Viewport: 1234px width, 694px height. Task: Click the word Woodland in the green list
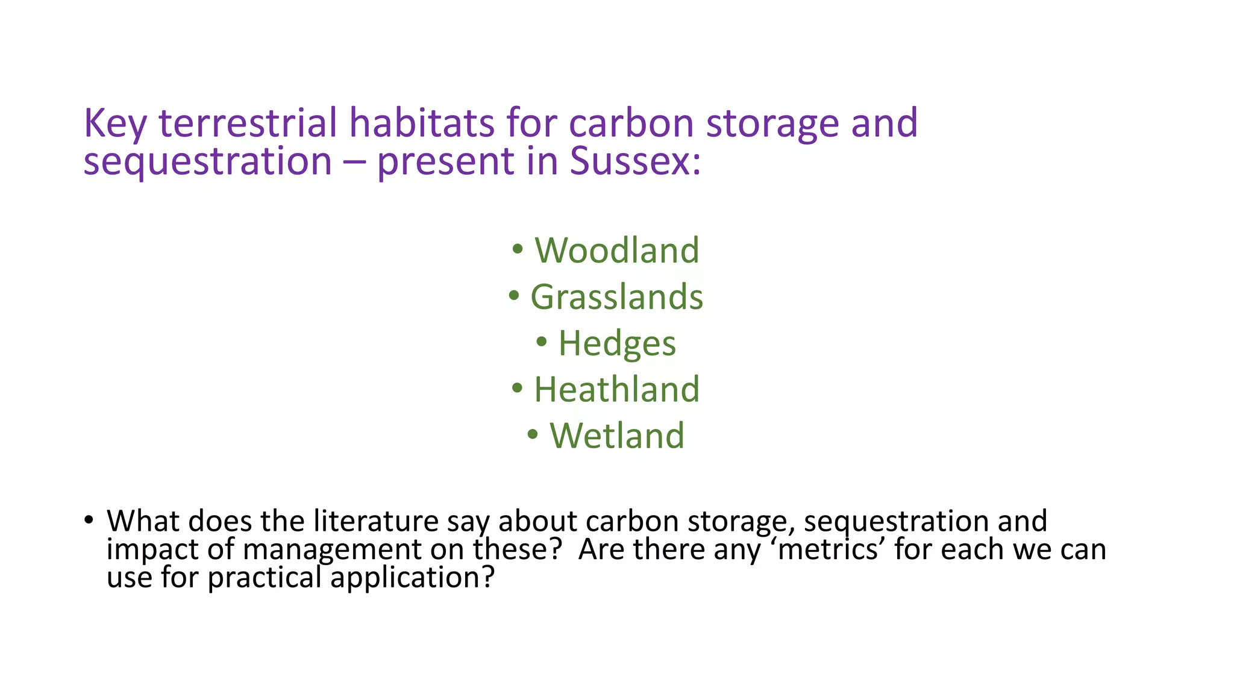(x=617, y=250)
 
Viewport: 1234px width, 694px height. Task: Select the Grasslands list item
(x=616, y=297)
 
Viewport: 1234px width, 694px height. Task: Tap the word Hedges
(x=617, y=343)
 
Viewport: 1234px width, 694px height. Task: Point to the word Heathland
(x=616, y=389)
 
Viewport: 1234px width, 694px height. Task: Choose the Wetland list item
(x=617, y=436)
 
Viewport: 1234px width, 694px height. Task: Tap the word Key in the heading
(x=115, y=123)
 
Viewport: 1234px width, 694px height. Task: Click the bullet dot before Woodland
(x=517, y=249)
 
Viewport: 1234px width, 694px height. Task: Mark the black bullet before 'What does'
(x=89, y=519)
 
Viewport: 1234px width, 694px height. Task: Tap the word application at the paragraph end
(x=412, y=577)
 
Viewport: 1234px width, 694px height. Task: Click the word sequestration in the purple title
(x=207, y=161)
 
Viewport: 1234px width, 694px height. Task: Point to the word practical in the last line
(x=265, y=577)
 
